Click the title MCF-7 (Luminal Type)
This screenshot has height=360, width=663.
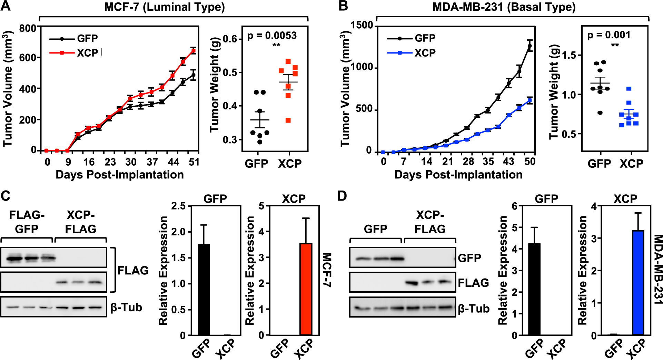coord(164,7)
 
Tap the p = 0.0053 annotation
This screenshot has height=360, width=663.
coord(272,36)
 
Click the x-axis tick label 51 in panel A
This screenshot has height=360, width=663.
coord(194,162)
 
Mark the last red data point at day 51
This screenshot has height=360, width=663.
coord(194,51)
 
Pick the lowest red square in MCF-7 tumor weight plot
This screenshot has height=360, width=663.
coord(288,120)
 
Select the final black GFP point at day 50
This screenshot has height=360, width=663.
coord(530,46)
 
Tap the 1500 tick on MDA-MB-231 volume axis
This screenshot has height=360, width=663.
coord(362,25)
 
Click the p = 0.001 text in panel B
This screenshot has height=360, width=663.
coord(609,35)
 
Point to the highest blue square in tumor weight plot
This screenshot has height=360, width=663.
coord(629,89)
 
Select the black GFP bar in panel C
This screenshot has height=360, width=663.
coord(204,290)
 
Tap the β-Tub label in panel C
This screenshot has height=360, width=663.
coord(126,307)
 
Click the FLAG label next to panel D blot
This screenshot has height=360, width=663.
coord(473,283)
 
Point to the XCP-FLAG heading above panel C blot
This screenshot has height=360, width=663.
coord(80,222)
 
